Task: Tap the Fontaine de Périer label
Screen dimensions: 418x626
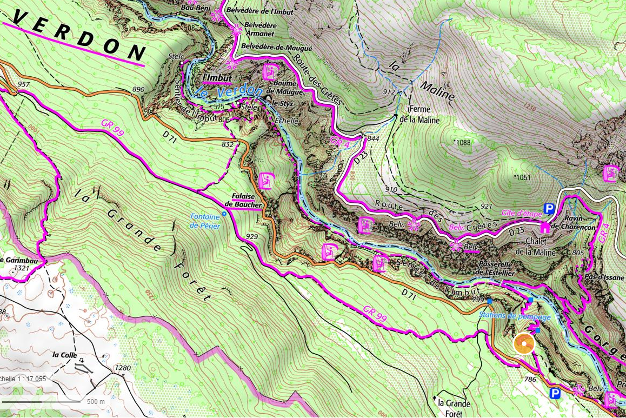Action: [x=205, y=222]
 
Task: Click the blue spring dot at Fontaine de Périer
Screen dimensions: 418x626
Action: [x=224, y=214]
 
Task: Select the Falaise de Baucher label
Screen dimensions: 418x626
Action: [x=243, y=201]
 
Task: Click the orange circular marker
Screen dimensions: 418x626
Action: [x=523, y=344]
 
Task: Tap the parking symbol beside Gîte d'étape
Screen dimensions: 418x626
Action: [x=549, y=209]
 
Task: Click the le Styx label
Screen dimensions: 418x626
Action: [x=282, y=102]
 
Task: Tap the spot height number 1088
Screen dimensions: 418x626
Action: [x=463, y=142]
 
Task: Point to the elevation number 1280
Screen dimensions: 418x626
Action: [x=122, y=368]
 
